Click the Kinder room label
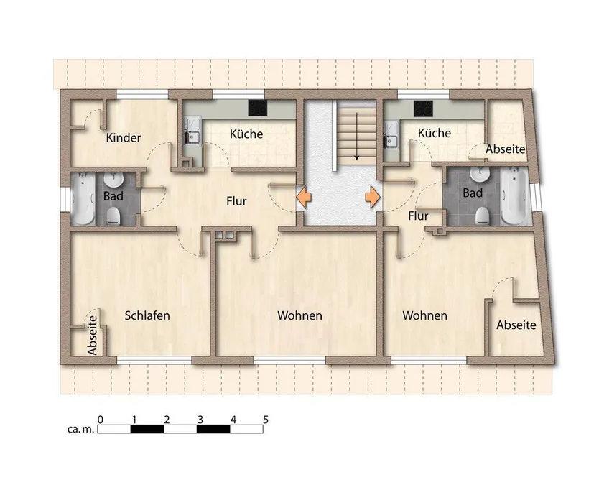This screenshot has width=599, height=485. [124, 137]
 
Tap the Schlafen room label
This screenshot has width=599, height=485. [147, 315]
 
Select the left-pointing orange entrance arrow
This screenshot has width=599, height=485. [304, 197]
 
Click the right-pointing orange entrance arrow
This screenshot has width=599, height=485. [373, 197]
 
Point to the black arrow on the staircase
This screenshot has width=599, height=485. [356, 137]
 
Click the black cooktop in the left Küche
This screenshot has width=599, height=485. [257, 108]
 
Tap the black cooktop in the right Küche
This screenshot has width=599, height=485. [423, 108]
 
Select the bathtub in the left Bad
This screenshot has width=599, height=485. [83, 198]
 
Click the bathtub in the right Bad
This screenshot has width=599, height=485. [514, 195]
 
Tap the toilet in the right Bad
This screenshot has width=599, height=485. [483, 216]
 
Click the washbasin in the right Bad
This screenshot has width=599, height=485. [480, 175]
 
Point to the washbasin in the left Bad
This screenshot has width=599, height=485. [113, 179]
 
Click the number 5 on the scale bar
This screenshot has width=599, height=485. [266, 420]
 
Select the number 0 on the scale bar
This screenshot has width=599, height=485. [100, 420]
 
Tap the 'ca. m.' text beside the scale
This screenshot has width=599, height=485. [80, 429]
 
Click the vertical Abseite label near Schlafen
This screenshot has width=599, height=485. [93, 335]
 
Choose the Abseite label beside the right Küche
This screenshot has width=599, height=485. [506, 149]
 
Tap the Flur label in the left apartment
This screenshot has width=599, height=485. [236, 201]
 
